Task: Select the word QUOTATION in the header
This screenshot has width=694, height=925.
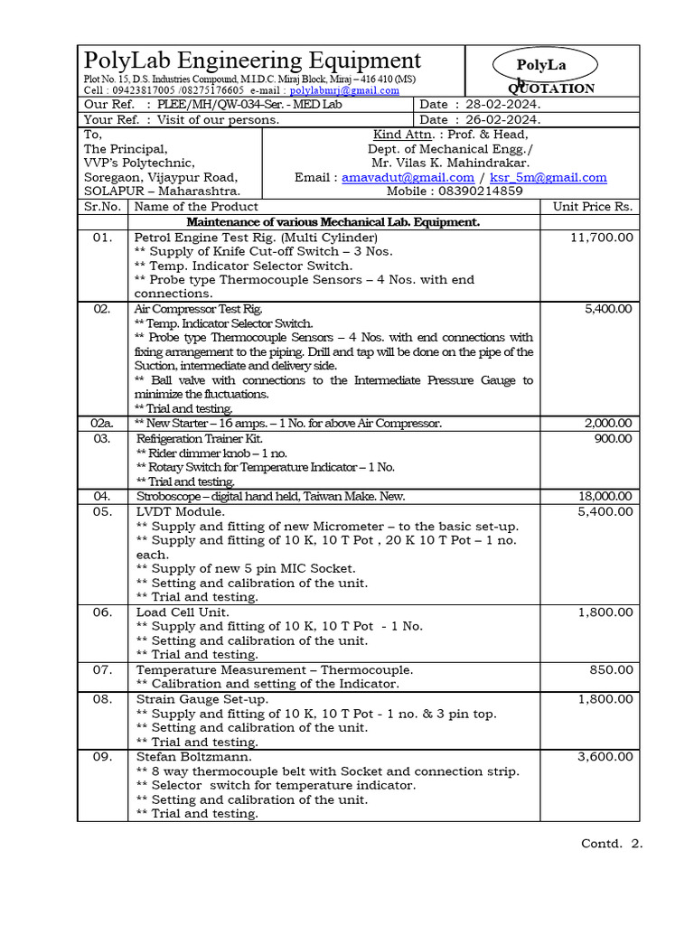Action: point(551,89)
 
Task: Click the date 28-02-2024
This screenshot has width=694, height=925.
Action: point(504,105)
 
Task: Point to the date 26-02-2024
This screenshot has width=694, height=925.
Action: point(504,119)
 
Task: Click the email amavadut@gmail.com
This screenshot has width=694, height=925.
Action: point(408,178)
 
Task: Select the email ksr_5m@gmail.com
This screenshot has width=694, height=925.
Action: point(548,178)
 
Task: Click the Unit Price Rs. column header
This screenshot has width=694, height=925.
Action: point(593,207)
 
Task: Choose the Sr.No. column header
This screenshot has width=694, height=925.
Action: point(102,207)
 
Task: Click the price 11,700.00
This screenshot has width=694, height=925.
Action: point(602,237)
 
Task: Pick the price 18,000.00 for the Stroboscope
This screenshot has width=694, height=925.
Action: point(605,497)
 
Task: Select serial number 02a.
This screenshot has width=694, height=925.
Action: point(102,424)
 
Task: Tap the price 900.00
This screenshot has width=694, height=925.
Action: point(614,438)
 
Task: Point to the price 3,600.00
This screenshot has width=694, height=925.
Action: point(605,757)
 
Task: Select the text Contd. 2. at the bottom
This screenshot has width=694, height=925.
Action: point(611,844)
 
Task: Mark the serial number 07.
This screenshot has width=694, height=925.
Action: point(102,670)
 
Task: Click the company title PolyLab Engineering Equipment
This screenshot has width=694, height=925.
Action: point(252,61)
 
